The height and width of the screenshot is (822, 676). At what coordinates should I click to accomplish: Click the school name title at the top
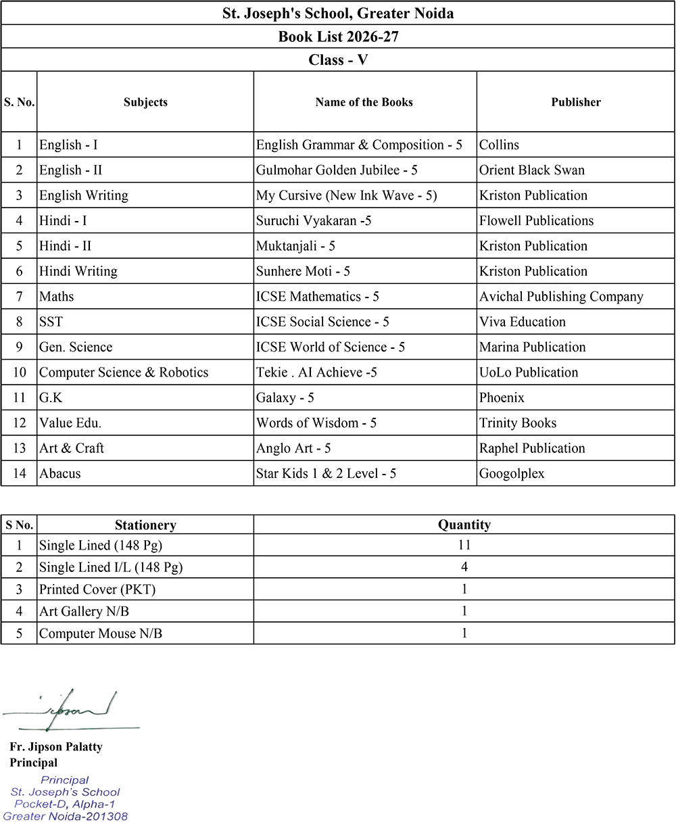(338, 13)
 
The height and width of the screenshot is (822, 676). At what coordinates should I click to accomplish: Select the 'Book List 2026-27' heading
(338, 37)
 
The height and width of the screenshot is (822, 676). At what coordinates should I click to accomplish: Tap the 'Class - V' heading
(338, 59)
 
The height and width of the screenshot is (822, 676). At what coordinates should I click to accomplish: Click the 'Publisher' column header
(576, 102)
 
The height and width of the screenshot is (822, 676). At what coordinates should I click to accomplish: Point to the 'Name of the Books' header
(364, 102)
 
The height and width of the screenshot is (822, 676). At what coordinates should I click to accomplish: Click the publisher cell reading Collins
(500, 145)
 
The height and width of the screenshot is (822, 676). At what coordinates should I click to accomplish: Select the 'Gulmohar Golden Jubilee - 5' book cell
(337, 170)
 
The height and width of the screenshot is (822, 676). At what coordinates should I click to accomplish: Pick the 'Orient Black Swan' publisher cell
(532, 170)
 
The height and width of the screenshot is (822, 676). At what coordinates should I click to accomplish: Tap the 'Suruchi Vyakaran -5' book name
(314, 220)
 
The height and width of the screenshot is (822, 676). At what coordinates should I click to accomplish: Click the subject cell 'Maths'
(57, 296)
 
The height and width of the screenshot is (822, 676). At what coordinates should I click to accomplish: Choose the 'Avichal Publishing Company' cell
(561, 296)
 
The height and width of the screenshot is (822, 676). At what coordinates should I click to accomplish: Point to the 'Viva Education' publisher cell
(523, 322)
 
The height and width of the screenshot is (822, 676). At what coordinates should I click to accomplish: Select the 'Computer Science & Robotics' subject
(124, 372)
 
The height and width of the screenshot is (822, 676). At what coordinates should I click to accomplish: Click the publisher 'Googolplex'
(512, 474)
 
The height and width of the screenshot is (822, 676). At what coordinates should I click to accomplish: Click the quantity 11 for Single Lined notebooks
(464, 545)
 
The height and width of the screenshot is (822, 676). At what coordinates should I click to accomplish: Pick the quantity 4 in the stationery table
(464, 567)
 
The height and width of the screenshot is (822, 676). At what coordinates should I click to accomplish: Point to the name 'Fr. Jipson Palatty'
(56, 747)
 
